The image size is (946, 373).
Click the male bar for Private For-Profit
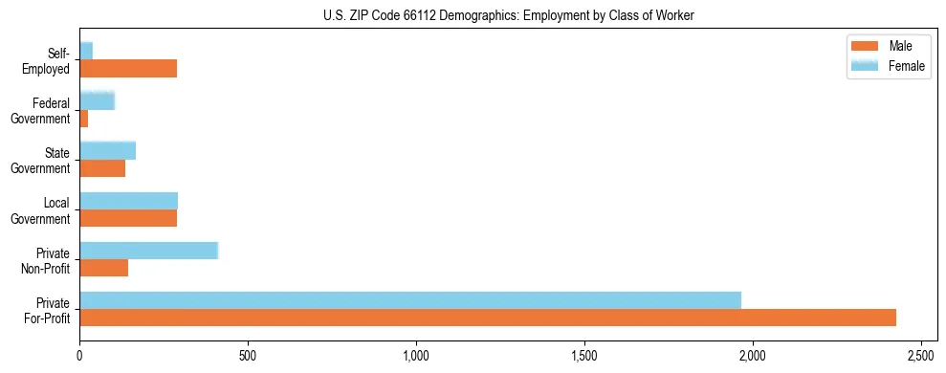(x=488, y=318)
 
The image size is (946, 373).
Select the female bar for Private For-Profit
(x=410, y=299)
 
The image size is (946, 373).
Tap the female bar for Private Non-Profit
(x=149, y=251)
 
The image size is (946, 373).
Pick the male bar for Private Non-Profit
(x=103, y=268)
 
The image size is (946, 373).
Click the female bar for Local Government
(x=128, y=201)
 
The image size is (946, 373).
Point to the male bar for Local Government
(x=128, y=218)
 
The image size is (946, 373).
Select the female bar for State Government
(x=107, y=150)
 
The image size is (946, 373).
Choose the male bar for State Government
(x=102, y=168)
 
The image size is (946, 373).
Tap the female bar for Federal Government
(x=97, y=100)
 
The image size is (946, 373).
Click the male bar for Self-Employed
(x=128, y=69)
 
